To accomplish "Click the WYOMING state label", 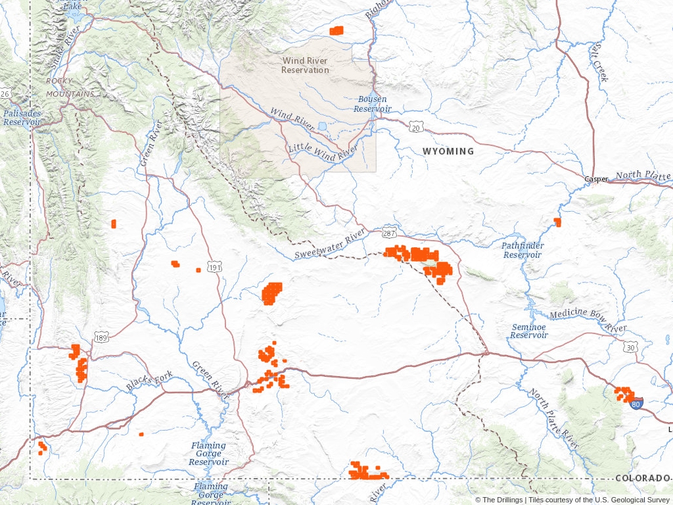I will pos(448,151).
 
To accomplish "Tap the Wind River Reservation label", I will pos(305,65).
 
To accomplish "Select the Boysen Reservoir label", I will pos(372,104).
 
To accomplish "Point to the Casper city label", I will pos(597,179).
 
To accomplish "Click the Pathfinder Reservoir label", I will pos(522,250).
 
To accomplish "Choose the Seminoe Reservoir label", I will pos(529,331).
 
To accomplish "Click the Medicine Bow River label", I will pos(589,320).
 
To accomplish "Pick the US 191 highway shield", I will pos(215,266).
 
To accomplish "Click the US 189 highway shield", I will pos(101,338).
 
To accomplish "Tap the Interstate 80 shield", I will pos(636,404).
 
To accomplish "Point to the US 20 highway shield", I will pos(415,128).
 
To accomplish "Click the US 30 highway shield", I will pos(630,347).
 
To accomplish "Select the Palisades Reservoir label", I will pos(22,118).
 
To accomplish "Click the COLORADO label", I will pos(643,478).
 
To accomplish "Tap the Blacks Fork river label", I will pos(150,381).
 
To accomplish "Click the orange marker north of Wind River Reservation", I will pos(336,30).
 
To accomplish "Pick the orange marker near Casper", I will pos(557,222).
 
